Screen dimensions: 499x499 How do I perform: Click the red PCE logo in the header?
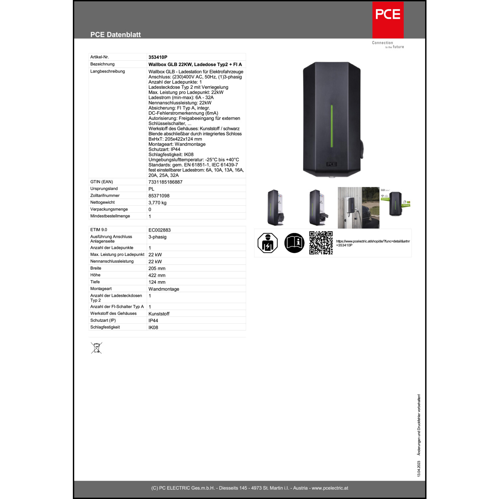[x=388, y=20]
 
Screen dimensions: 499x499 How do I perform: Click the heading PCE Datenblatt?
[x=115, y=35]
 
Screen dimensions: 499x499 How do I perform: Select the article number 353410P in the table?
[x=158, y=57]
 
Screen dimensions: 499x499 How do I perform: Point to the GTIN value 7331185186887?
[x=165, y=182]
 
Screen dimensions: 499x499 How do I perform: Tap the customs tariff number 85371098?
[x=159, y=196]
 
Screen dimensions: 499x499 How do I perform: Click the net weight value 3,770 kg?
[x=157, y=203]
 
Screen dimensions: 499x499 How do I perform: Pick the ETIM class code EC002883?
[x=159, y=230]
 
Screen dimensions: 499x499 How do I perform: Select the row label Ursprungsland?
[x=104, y=189]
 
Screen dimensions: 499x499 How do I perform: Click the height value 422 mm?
[x=157, y=275]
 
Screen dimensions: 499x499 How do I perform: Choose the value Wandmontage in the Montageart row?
[x=164, y=289]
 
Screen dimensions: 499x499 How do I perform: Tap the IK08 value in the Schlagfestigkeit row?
[x=153, y=327]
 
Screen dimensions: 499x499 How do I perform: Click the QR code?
[x=321, y=243]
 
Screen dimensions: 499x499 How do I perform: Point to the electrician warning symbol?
[x=267, y=243]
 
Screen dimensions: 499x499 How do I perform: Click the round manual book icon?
[x=294, y=243]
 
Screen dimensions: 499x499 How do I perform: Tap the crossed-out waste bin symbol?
[x=96, y=348]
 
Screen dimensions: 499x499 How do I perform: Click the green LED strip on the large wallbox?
[x=332, y=126]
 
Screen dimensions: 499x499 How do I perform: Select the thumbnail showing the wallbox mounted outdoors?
[x=358, y=208]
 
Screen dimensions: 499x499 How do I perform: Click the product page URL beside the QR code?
[x=373, y=243]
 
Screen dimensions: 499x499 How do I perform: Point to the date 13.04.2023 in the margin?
[x=419, y=469]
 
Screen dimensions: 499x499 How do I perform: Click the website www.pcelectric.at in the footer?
[x=330, y=488]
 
